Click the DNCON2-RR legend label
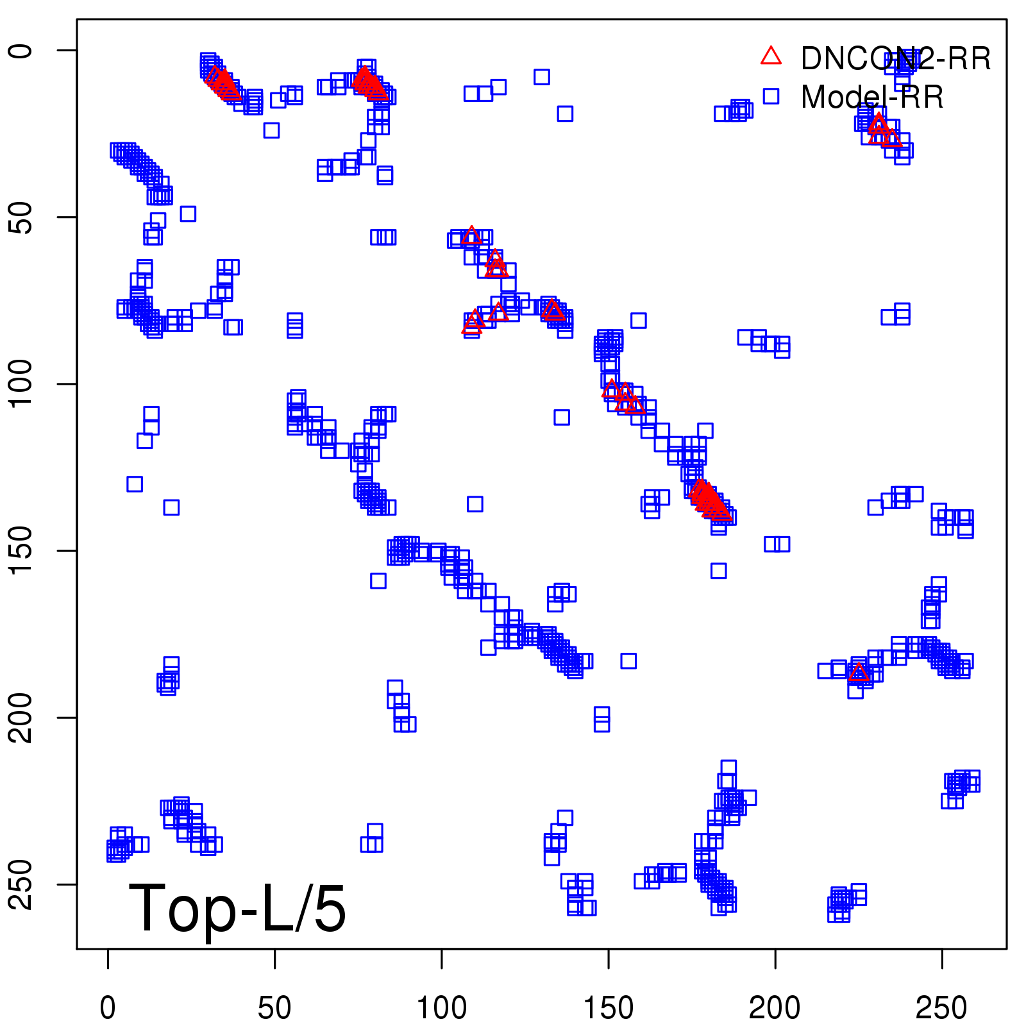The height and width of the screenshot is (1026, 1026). click(896, 59)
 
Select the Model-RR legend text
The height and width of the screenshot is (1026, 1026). click(872, 97)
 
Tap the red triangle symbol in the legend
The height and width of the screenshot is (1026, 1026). click(771, 56)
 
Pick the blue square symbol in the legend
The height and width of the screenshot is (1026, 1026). click(771, 96)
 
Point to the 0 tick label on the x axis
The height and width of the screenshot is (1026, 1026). click(108, 1008)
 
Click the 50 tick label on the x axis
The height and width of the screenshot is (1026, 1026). click(274, 1008)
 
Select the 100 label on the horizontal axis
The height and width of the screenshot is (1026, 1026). click(442, 1008)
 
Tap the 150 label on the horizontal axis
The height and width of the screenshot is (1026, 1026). click(609, 1008)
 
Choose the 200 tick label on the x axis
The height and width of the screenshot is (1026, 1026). click(775, 1008)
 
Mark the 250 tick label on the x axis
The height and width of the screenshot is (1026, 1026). click(941, 1008)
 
